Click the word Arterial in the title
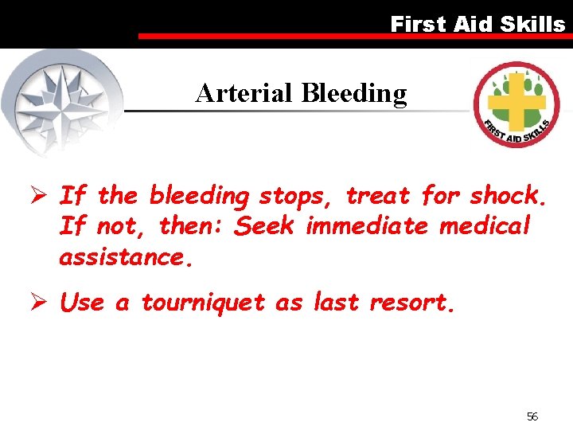tap(245, 94)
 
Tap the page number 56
tap(532, 416)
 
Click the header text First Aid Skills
tap(477, 24)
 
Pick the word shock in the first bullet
tap(505, 195)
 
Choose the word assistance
tap(126, 257)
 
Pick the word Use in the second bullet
tap(82, 303)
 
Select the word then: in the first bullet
tap(193, 226)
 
